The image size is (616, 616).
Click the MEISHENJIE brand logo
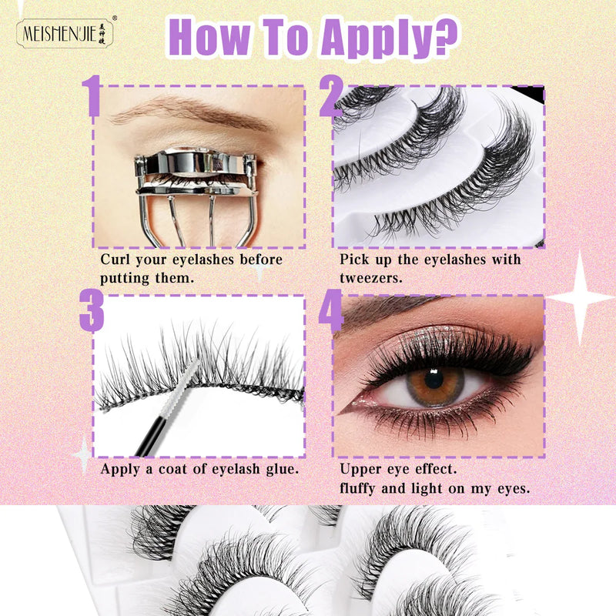tap(65, 34)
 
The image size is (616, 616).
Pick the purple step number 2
tap(333, 96)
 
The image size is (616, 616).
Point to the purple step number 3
tap(92, 310)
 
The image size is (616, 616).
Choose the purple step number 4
tap(331, 310)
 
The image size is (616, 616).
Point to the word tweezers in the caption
tap(371, 279)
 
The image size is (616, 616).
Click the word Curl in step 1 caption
tap(115, 259)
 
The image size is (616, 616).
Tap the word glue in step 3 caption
tap(282, 469)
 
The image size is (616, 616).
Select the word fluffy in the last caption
tap(357, 488)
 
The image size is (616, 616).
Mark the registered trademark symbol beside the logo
tap(115, 18)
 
